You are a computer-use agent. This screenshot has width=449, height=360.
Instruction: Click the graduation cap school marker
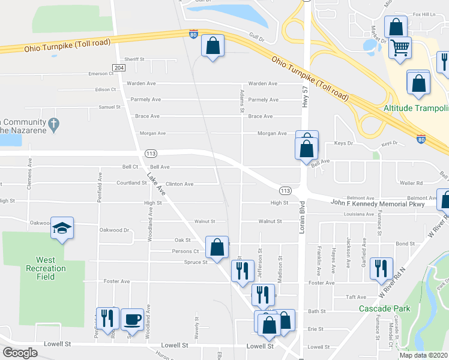[x=62, y=228]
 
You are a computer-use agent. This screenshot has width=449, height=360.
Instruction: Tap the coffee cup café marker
[x=132, y=319]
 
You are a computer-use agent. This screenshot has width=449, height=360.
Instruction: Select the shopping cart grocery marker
[x=400, y=47]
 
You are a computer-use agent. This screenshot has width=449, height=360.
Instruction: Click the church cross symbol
[x=54, y=125]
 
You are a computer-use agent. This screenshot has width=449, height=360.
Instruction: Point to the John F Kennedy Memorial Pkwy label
[x=377, y=204]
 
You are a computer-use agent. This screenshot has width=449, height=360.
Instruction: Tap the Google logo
[x=20, y=353]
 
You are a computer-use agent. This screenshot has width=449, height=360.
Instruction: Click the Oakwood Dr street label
[x=114, y=230]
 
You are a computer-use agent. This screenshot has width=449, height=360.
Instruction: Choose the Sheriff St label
[x=134, y=59]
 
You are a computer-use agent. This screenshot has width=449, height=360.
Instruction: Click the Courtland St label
[x=131, y=183]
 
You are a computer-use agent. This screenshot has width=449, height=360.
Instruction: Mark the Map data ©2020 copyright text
[x=423, y=355]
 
